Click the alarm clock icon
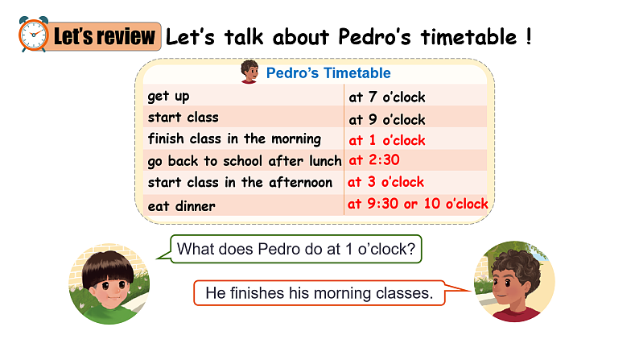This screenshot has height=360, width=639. point(31,35)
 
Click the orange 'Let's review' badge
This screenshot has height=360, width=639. point(102,36)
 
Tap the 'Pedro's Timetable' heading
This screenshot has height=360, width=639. point(328,73)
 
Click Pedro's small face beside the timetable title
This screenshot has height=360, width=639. point(249,72)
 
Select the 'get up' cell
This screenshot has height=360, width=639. point(168,97)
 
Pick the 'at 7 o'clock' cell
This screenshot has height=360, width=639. point(386,97)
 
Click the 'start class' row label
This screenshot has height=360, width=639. point(183,118)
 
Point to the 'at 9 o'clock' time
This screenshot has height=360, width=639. point(386,119)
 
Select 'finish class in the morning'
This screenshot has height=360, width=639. point(233,139)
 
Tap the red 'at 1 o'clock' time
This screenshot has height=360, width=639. point(386,140)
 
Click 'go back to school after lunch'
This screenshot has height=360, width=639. point(244,160)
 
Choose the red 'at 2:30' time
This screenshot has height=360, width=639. point(373,159)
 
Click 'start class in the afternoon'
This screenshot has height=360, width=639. point(239,182)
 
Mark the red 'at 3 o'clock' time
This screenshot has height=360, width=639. point(385,181)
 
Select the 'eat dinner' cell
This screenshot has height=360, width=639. point(181,206)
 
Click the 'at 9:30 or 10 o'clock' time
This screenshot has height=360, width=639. point(418,204)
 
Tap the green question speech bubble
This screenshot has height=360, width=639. point(295,249)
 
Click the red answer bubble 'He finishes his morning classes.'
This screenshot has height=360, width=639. point(319,293)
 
